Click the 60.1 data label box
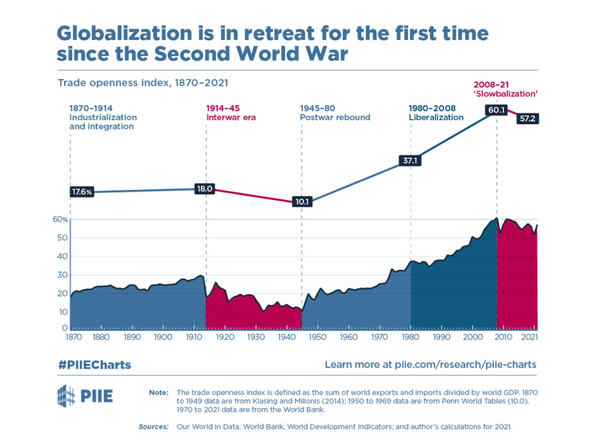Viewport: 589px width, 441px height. tap(496, 110)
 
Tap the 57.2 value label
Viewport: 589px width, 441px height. tap(528, 119)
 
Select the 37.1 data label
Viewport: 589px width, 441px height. tap(410, 161)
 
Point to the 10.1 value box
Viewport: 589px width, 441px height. tap(302, 201)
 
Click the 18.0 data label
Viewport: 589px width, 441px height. tap(204, 189)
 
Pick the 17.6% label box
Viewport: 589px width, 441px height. tap(82, 192)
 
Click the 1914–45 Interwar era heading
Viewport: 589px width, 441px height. tap(230, 113)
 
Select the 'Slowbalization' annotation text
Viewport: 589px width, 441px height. tap(505, 94)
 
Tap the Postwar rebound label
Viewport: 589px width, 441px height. tap(335, 117)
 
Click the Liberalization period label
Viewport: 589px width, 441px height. tap(436, 117)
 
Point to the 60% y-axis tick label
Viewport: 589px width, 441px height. tap(60, 219)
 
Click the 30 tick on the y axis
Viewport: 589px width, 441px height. tap(62, 275)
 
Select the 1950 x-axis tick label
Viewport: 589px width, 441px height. tap(317, 337)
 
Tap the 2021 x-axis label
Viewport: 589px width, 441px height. tap(529, 337)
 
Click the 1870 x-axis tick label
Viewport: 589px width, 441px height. tap(74, 337)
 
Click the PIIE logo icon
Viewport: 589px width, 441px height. tap(66, 396)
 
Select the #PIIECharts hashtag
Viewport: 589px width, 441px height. tap(95, 365)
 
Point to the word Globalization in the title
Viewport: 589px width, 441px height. tap(124, 33)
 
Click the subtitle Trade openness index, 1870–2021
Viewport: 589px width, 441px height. tap(143, 83)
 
